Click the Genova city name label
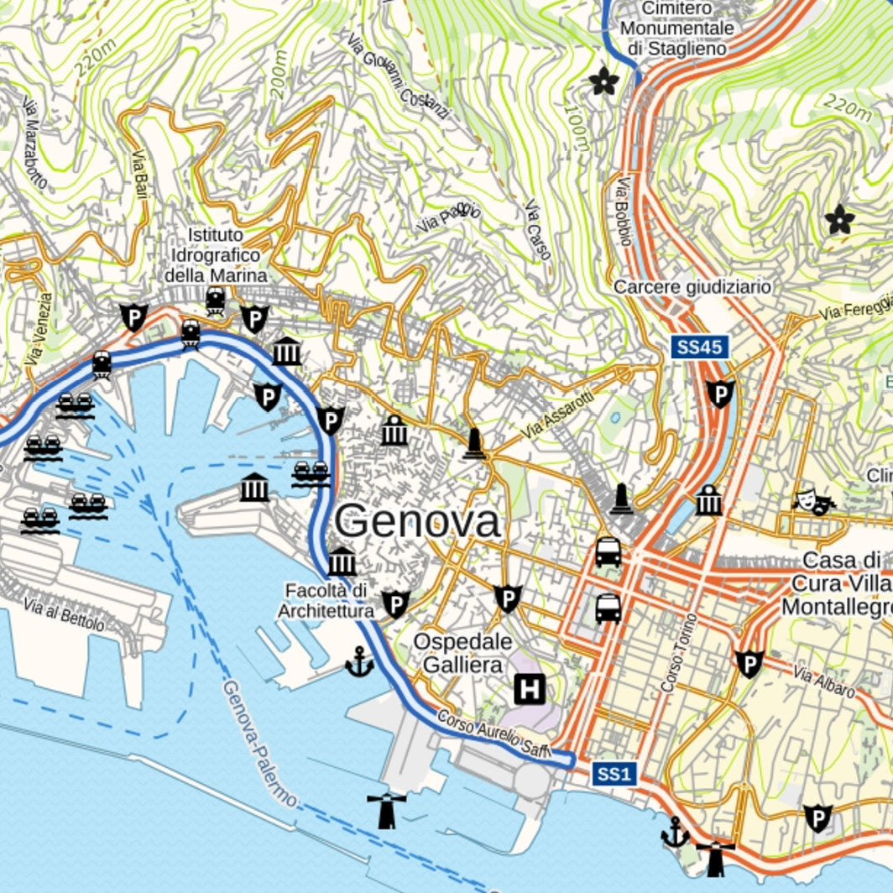pos(417,522)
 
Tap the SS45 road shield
pos(699,347)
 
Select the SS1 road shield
pos(614,774)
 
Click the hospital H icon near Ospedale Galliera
pos(530,690)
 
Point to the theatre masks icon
pos(813,502)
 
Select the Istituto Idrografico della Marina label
pos(216,254)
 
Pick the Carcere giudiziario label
pos(692,287)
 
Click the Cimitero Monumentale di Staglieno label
pos(676,29)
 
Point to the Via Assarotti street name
pos(556,417)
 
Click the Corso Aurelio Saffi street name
pos(493,733)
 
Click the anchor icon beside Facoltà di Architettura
pos(359,662)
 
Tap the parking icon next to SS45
pos(720,393)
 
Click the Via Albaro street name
pos(823,681)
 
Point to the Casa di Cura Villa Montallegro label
pos(836,583)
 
